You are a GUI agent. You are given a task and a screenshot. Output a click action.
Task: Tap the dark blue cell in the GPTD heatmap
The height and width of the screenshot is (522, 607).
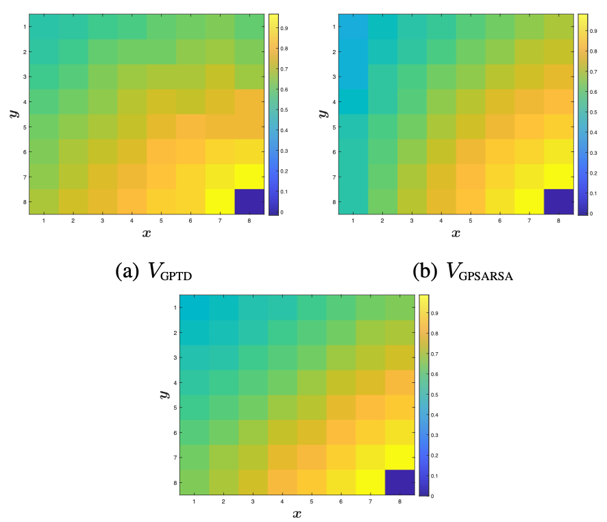pyautogui.click(x=249, y=201)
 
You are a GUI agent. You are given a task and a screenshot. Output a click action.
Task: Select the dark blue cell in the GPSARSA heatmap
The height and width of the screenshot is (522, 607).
pyautogui.click(x=558, y=201)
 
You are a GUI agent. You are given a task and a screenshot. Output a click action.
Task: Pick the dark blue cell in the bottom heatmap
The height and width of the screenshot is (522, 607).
pyautogui.click(x=399, y=482)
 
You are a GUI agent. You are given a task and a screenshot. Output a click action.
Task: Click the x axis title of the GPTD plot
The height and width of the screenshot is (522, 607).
pyautogui.click(x=147, y=234)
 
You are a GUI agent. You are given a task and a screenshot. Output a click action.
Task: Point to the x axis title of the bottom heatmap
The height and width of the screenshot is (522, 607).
pyautogui.click(x=297, y=514)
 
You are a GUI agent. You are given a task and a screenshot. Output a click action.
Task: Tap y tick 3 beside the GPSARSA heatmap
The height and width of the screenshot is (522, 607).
pyautogui.click(x=332, y=77)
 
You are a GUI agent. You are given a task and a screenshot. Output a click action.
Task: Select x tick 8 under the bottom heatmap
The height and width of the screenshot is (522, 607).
pyautogui.click(x=399, y=502)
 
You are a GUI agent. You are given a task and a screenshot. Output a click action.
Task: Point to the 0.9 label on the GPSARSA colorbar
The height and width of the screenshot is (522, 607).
pyautogui.click(x=592, y=32)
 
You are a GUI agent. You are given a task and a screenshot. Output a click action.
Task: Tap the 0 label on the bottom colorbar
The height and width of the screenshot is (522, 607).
pyautogui.click(x=432, y=495)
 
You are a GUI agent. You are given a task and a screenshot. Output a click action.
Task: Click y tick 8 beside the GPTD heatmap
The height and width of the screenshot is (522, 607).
pyautogui.click(x=23, y=201)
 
